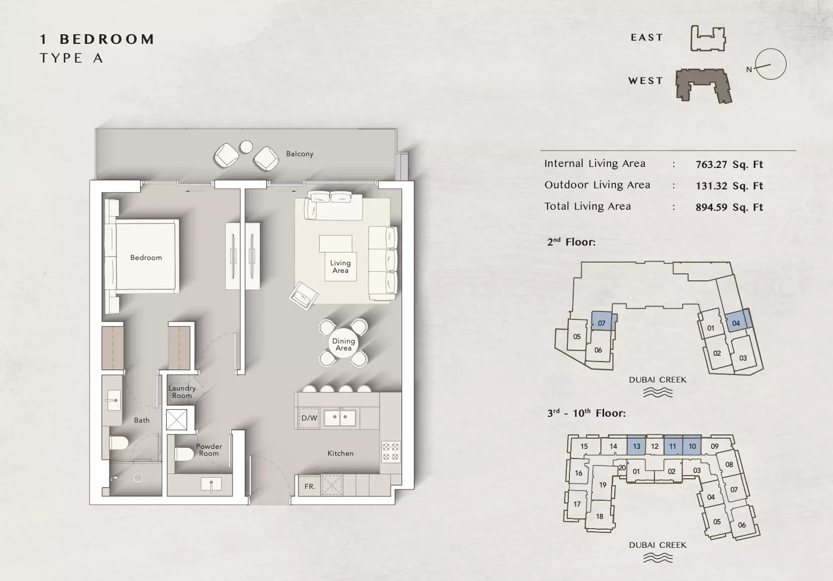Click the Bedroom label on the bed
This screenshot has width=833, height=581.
pyautogui.click(x=146, y=257)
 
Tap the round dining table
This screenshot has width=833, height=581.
pyautogui.click(x=343, y=345)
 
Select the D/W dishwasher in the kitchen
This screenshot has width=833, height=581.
pyautogui.click(x=309, y=418)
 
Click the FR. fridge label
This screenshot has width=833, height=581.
pyautogui.click(x=310, y=486)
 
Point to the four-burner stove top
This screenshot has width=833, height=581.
pyautogui.click(x=390, y=452)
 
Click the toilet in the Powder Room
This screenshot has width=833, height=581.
pyautogui.click(x=184, y=453)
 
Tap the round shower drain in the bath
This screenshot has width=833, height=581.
pyautogui.click(x=138, y=478)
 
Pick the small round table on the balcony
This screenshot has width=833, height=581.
pyautogui.click(x=246, y=147)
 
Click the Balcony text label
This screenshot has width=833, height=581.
pyautogui.click(x=300, y=154)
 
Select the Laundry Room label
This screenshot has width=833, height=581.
pyautogui.click(x=182, y=392)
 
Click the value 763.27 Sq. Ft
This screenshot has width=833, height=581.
pyautogui.click(x=729, y=165)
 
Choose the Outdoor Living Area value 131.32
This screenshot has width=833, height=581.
pyautogui.click(x=712, y=186)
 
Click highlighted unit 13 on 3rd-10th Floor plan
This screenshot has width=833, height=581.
pyautogui.click(x=636, y=446)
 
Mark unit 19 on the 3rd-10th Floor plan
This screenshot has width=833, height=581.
pyautogui.click(x=603, y=485)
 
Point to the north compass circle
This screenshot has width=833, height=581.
pyautogui.click(x=771, y=64)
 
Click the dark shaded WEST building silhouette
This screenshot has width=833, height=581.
pyautogui.click(x=703, y=85)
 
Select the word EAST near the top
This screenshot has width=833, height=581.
pyautogui.click(x=647, y=37)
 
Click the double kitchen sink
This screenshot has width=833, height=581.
pyautogui.click(x=340, y=418)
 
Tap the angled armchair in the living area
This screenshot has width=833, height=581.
pyautogui.click(x=304, y=296)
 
